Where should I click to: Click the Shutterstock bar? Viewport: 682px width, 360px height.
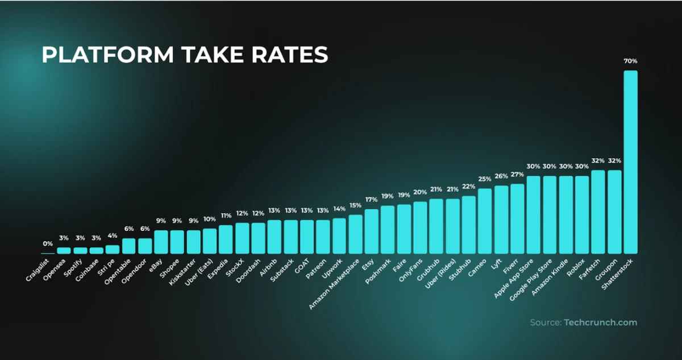point(630,162)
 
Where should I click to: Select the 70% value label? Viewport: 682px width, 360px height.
point(630,61)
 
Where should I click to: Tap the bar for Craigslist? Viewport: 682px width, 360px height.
point(48,253)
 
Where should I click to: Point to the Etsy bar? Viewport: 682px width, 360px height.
point(371,231)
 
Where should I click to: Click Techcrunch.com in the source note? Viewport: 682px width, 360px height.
point(600,322)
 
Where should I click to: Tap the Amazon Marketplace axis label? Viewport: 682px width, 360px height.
point(336,283)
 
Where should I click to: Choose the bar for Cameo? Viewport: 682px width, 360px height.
point(485,221)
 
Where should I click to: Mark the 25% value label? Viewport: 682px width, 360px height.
point(485,179)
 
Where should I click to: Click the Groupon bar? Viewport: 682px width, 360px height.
point(614,212)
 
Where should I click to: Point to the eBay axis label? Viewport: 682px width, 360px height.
point(157,263)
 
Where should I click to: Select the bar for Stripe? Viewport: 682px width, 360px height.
point(113,249)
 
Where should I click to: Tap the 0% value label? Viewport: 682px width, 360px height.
point(48,243)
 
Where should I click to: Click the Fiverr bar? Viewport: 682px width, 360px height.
point(517,219)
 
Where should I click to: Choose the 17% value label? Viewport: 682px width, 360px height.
point(371,200)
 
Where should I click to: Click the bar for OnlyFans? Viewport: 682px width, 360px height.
point(420,227)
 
